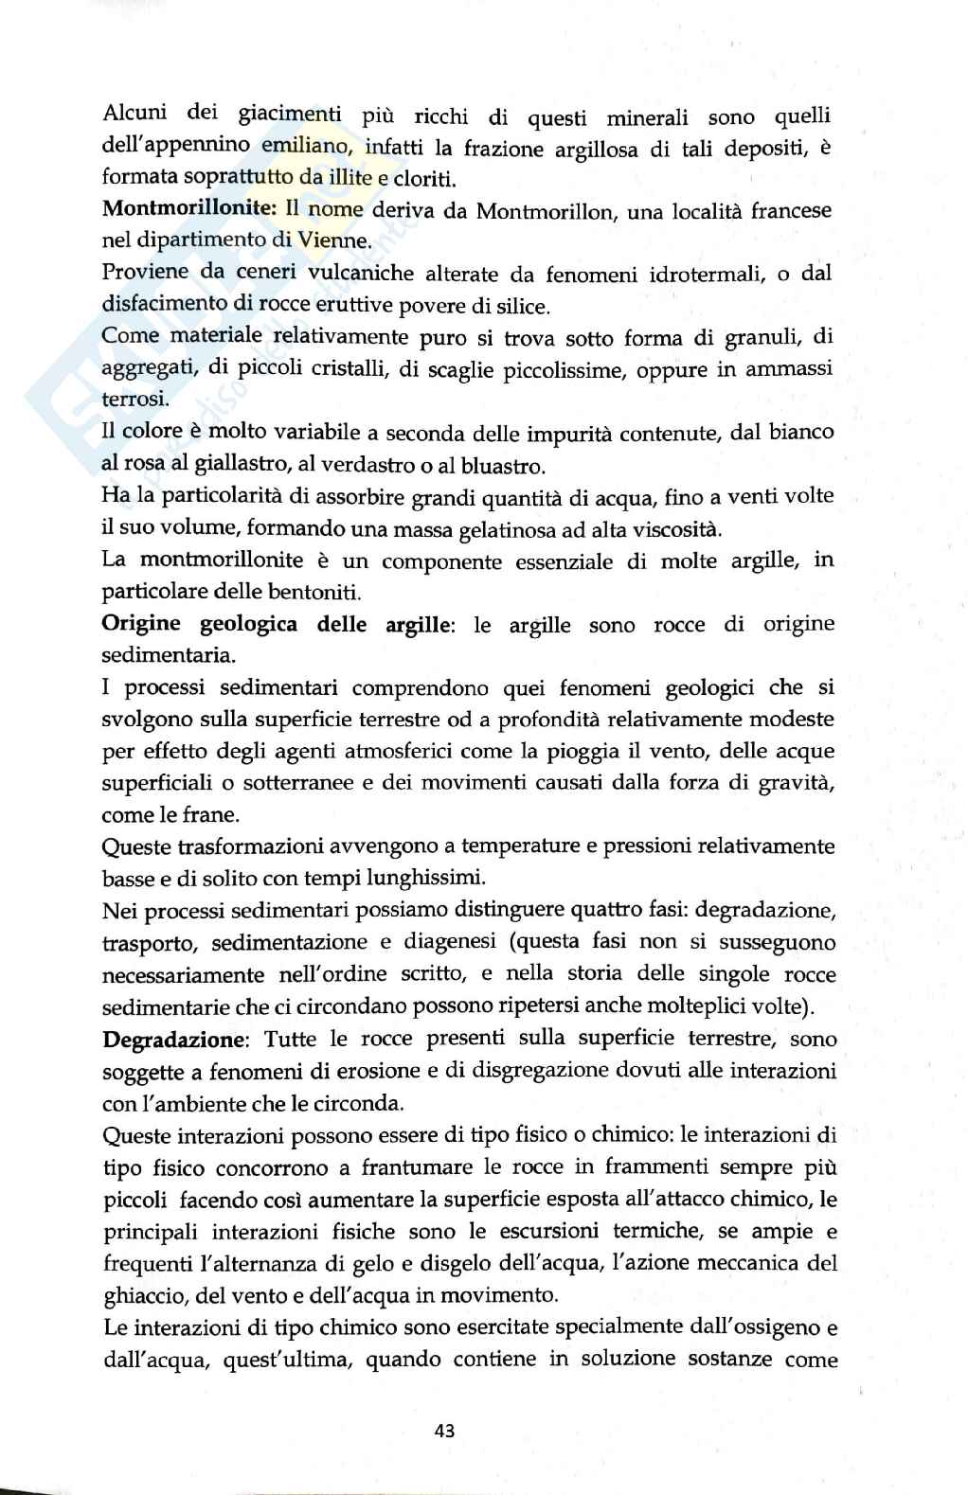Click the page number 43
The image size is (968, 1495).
click(444, 1431)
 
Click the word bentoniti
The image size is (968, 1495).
click(314, 593)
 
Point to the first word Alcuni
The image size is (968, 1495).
click(134, 114)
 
